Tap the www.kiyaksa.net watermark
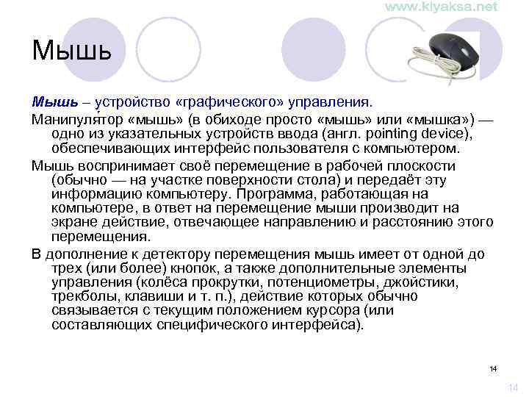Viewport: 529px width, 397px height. click(441, 7)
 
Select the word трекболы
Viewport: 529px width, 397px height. click(82, 296)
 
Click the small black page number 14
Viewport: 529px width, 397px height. click(493, 368)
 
